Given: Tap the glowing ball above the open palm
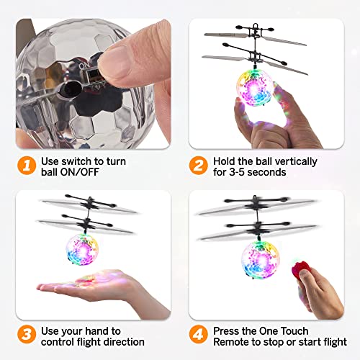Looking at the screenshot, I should click(x=82, y=248).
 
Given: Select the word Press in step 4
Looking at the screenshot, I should click(x=227, y=330).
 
